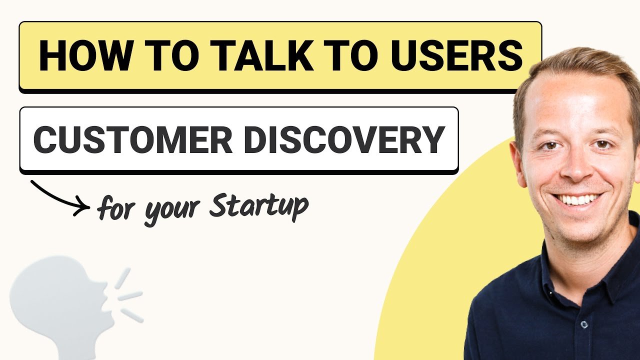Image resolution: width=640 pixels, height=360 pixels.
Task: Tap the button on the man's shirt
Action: click(x=583, y=325)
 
